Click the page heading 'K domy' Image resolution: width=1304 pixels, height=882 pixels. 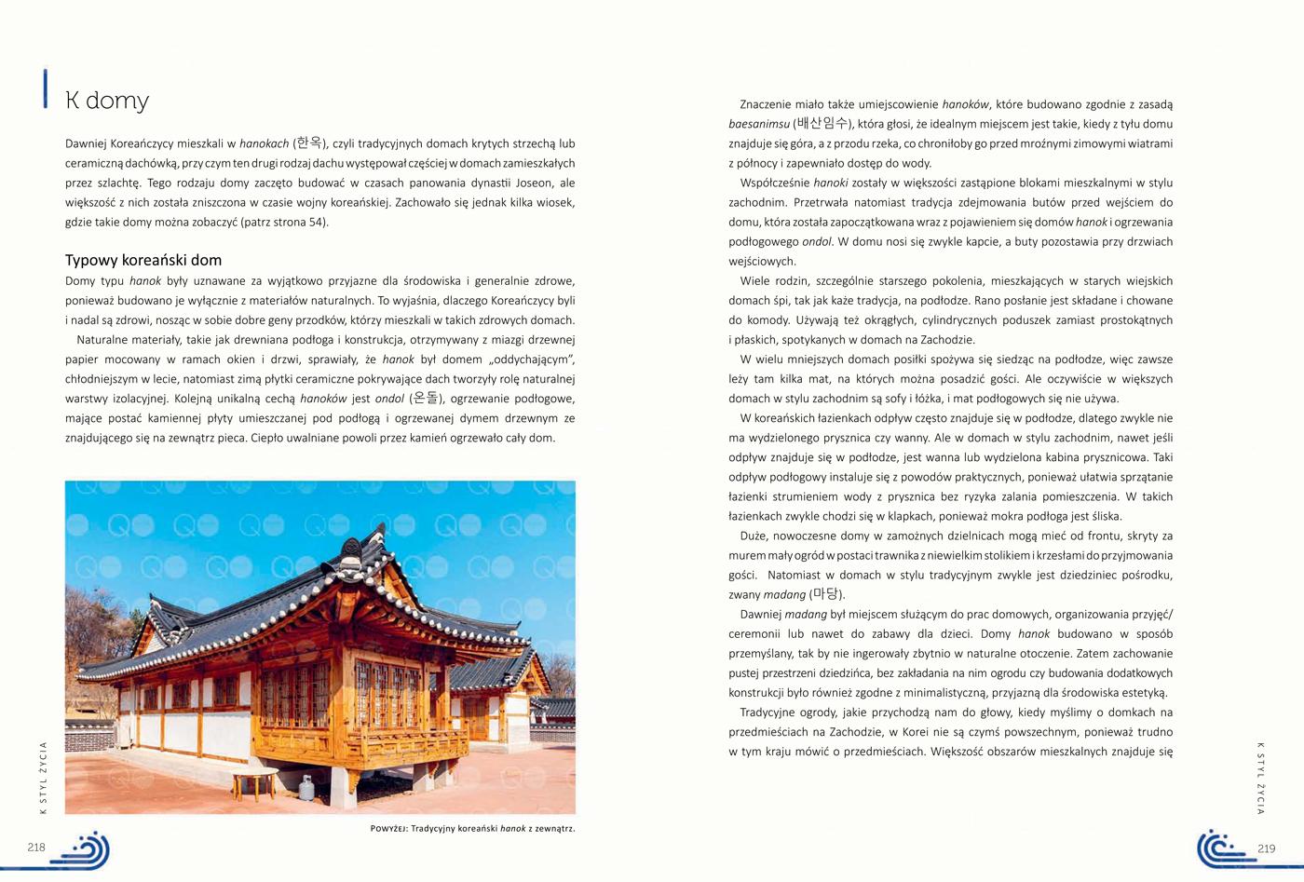tap(107, 101)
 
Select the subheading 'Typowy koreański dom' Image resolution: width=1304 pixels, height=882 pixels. tap(143, 260)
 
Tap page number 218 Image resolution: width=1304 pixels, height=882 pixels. tap(36, 848)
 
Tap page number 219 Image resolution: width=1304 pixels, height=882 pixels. tap(1266, 848)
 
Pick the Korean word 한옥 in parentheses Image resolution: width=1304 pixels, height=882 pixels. tap(309, 143)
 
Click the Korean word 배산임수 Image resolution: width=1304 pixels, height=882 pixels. tap(822, 124)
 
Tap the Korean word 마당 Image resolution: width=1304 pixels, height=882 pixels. tap(825, 594)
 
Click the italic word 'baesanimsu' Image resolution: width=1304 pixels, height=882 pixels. tap(758, 124)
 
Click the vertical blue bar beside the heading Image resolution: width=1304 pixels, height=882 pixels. tap(44, 89)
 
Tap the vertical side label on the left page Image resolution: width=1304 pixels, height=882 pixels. tap(42, 778)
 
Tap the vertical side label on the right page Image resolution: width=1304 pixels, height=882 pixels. tap(1261, 778)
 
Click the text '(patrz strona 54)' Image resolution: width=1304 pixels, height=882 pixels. tap(284, 223)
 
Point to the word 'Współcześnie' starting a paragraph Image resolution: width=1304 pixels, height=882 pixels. tap(774, 183)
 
